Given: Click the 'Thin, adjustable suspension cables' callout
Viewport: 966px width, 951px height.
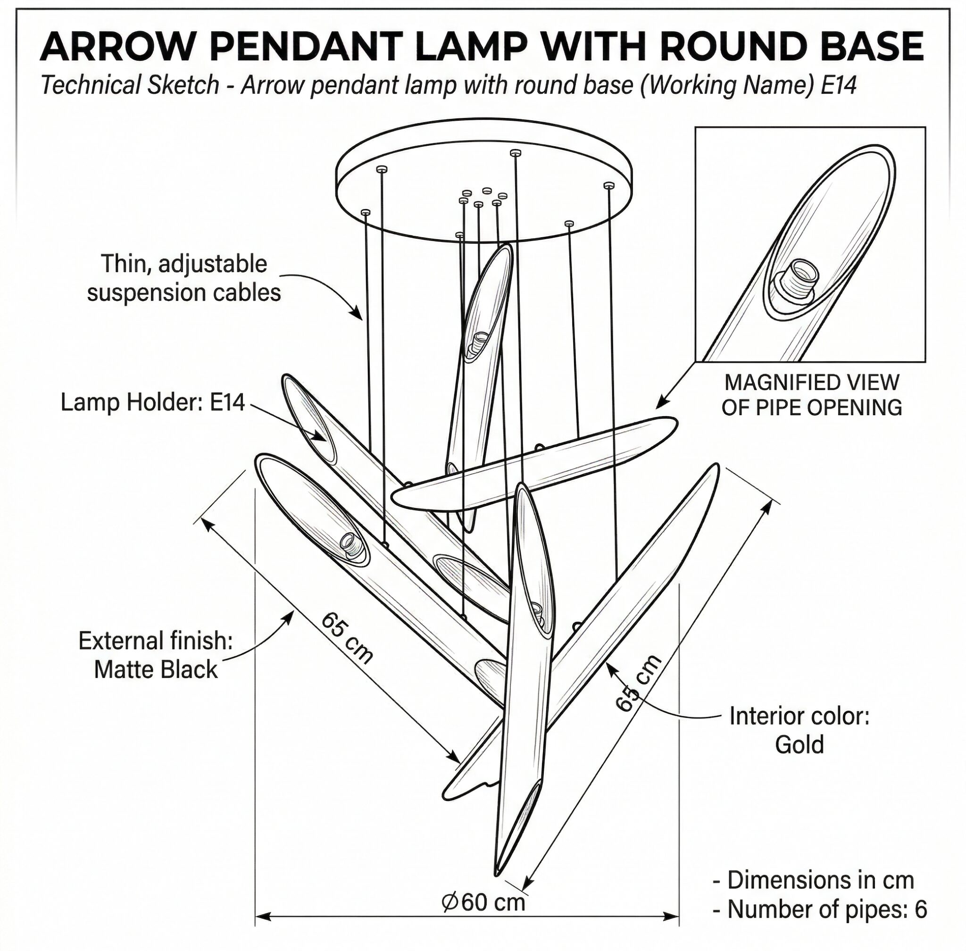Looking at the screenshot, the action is tap(184, 278).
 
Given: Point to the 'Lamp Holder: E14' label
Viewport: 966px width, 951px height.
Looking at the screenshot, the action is tap(153, 402).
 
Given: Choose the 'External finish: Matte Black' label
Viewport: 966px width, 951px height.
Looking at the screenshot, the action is tap(156, 655).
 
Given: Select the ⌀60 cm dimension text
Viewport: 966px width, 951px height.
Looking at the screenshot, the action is tap(483, 902).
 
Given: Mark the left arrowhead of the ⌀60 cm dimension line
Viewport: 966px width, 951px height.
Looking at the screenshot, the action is tap(263, 917).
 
